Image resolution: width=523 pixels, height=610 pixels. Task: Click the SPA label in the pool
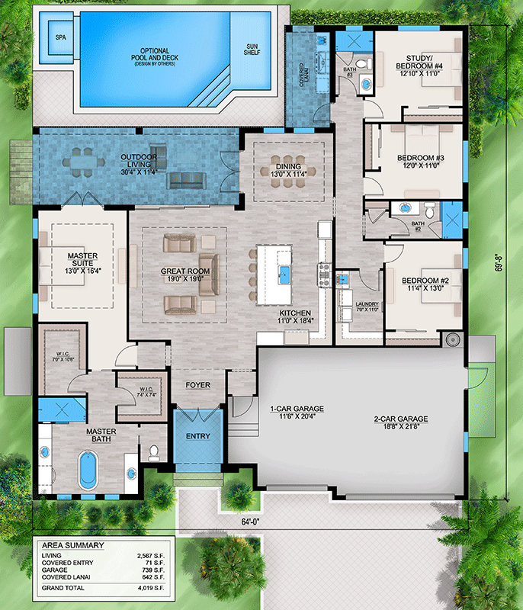pyautogui.click(x=59, y=37)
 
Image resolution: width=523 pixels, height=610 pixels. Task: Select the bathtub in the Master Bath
pyautogui.click(x=88, y=470)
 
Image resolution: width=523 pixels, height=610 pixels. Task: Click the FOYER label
pyautogui.click(x=197, y=385)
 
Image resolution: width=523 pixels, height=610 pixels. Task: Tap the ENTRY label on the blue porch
pyautogui.click(x=197, y=437)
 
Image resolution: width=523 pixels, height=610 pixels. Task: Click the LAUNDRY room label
pyautogui.click(x=354, y=304)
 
